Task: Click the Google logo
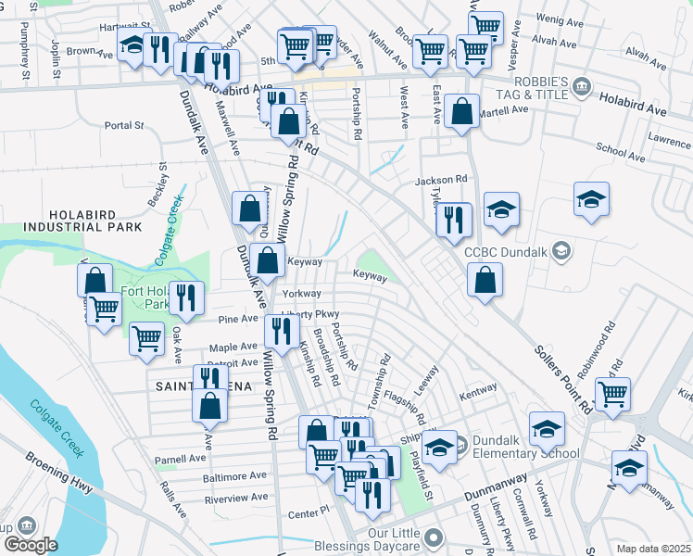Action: point(31,544)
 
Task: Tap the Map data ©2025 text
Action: point(653,549)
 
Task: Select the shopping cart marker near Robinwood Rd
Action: point(612,394)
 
